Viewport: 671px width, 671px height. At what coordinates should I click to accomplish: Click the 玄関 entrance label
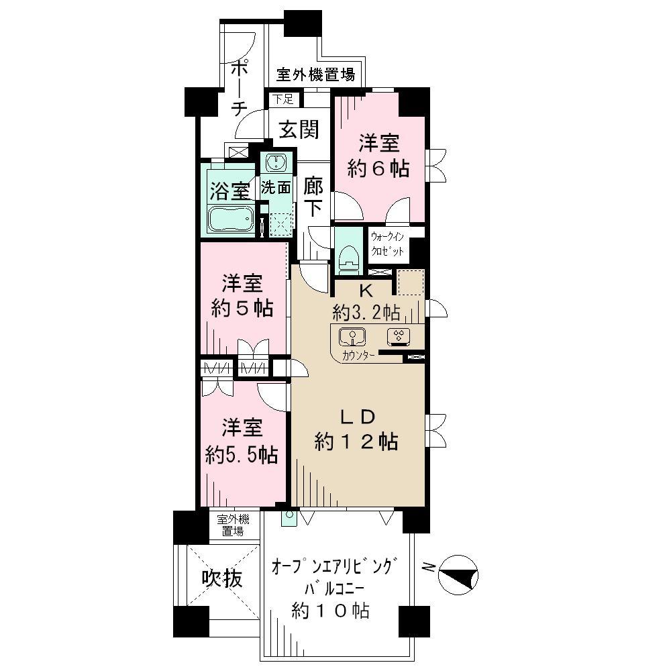click(299, 130)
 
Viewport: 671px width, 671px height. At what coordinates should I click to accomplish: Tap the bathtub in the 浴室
click(230, 219)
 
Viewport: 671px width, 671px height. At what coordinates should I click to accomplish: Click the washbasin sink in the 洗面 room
click(276, 163)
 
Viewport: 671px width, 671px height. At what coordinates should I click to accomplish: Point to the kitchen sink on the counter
click(350, 337)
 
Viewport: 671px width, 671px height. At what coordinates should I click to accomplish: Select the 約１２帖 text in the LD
click(357, 442)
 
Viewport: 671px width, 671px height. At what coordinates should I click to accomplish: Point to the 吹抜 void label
click(221, 579)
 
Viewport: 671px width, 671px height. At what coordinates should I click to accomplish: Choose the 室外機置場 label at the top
click(316, 74)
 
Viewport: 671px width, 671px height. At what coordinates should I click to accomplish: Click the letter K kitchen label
click(366, 291)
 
